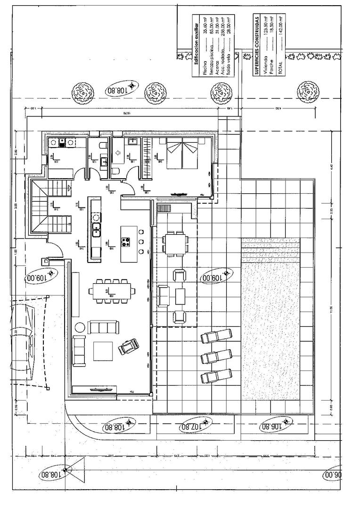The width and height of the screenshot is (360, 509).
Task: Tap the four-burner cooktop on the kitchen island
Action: click(x=126, y=243)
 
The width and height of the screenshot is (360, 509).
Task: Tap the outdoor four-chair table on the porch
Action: click(x=175, y=242)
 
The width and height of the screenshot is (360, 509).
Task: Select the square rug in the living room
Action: click(x=103, y=351)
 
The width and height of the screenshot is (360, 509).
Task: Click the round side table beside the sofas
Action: click(x=80, y=326)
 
